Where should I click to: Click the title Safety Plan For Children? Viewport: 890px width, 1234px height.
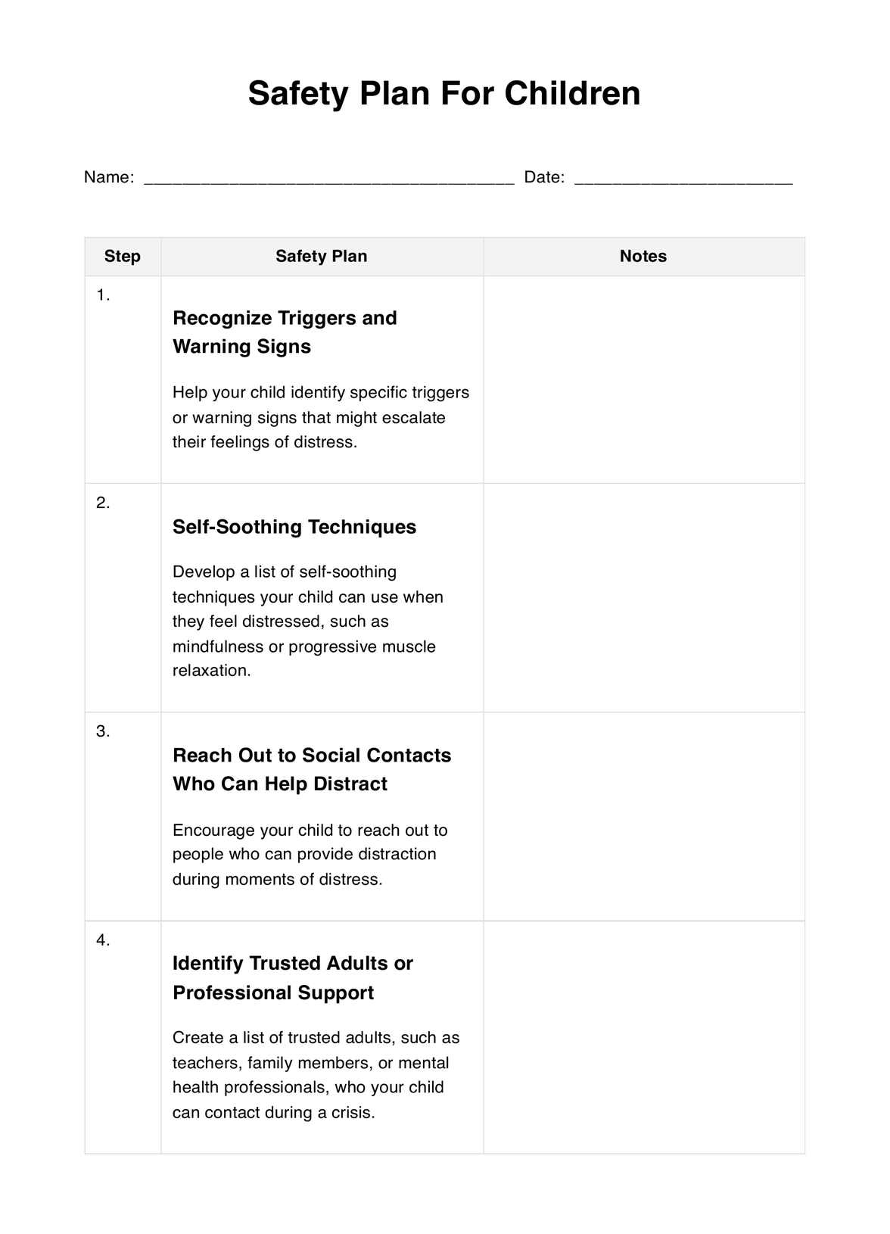tap(444, 93)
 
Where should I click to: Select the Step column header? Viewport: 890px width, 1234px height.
tap(123, 257)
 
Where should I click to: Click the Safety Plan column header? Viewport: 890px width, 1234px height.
tap(322, 257)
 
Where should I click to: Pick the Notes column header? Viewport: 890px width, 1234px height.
tap(643, 257)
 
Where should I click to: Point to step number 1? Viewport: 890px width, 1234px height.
tap(103, 295)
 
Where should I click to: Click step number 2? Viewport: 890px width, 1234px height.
tap(103, 503)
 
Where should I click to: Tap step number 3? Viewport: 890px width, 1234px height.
tap(103, 731)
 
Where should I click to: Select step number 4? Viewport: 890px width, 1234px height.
tap(103, 940)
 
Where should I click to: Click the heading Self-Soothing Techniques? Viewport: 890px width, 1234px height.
tap(294, 527)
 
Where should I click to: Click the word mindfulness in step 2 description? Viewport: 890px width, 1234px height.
tap(218, 647)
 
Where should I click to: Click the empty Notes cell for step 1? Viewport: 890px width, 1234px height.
tap(644, 379)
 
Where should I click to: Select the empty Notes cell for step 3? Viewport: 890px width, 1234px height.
tap(644, 816)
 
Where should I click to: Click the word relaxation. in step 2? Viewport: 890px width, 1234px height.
tap(211, 671)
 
